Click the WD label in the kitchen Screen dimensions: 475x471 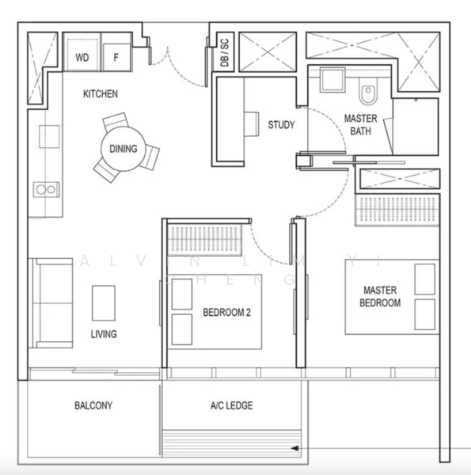tap(82, 58)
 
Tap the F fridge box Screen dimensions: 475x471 tap(116, 58)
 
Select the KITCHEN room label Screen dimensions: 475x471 tap(101, 94)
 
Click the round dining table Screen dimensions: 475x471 tap(123, 148)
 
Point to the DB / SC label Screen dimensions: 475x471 tap(225, 54)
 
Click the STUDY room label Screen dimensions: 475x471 tap(281, 125)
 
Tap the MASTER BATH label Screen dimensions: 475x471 tap(360, 124)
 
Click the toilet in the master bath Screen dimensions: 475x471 tap(368, 94)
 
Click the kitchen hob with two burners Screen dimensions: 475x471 tap(44, 189)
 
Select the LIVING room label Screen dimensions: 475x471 tap(103, 334)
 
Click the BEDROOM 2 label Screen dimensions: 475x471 tap(226, 313)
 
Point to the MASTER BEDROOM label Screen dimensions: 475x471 tap(380, 297)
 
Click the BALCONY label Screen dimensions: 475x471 tap(93, 405)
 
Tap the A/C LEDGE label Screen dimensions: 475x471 tap(231, 405)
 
